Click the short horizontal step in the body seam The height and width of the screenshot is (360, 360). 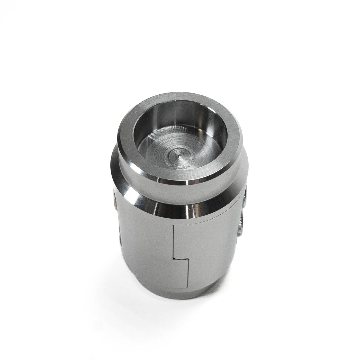click(181, 259)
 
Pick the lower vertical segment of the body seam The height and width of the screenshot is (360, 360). click(189, 275)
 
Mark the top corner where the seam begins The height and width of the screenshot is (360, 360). click(174, 224)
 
